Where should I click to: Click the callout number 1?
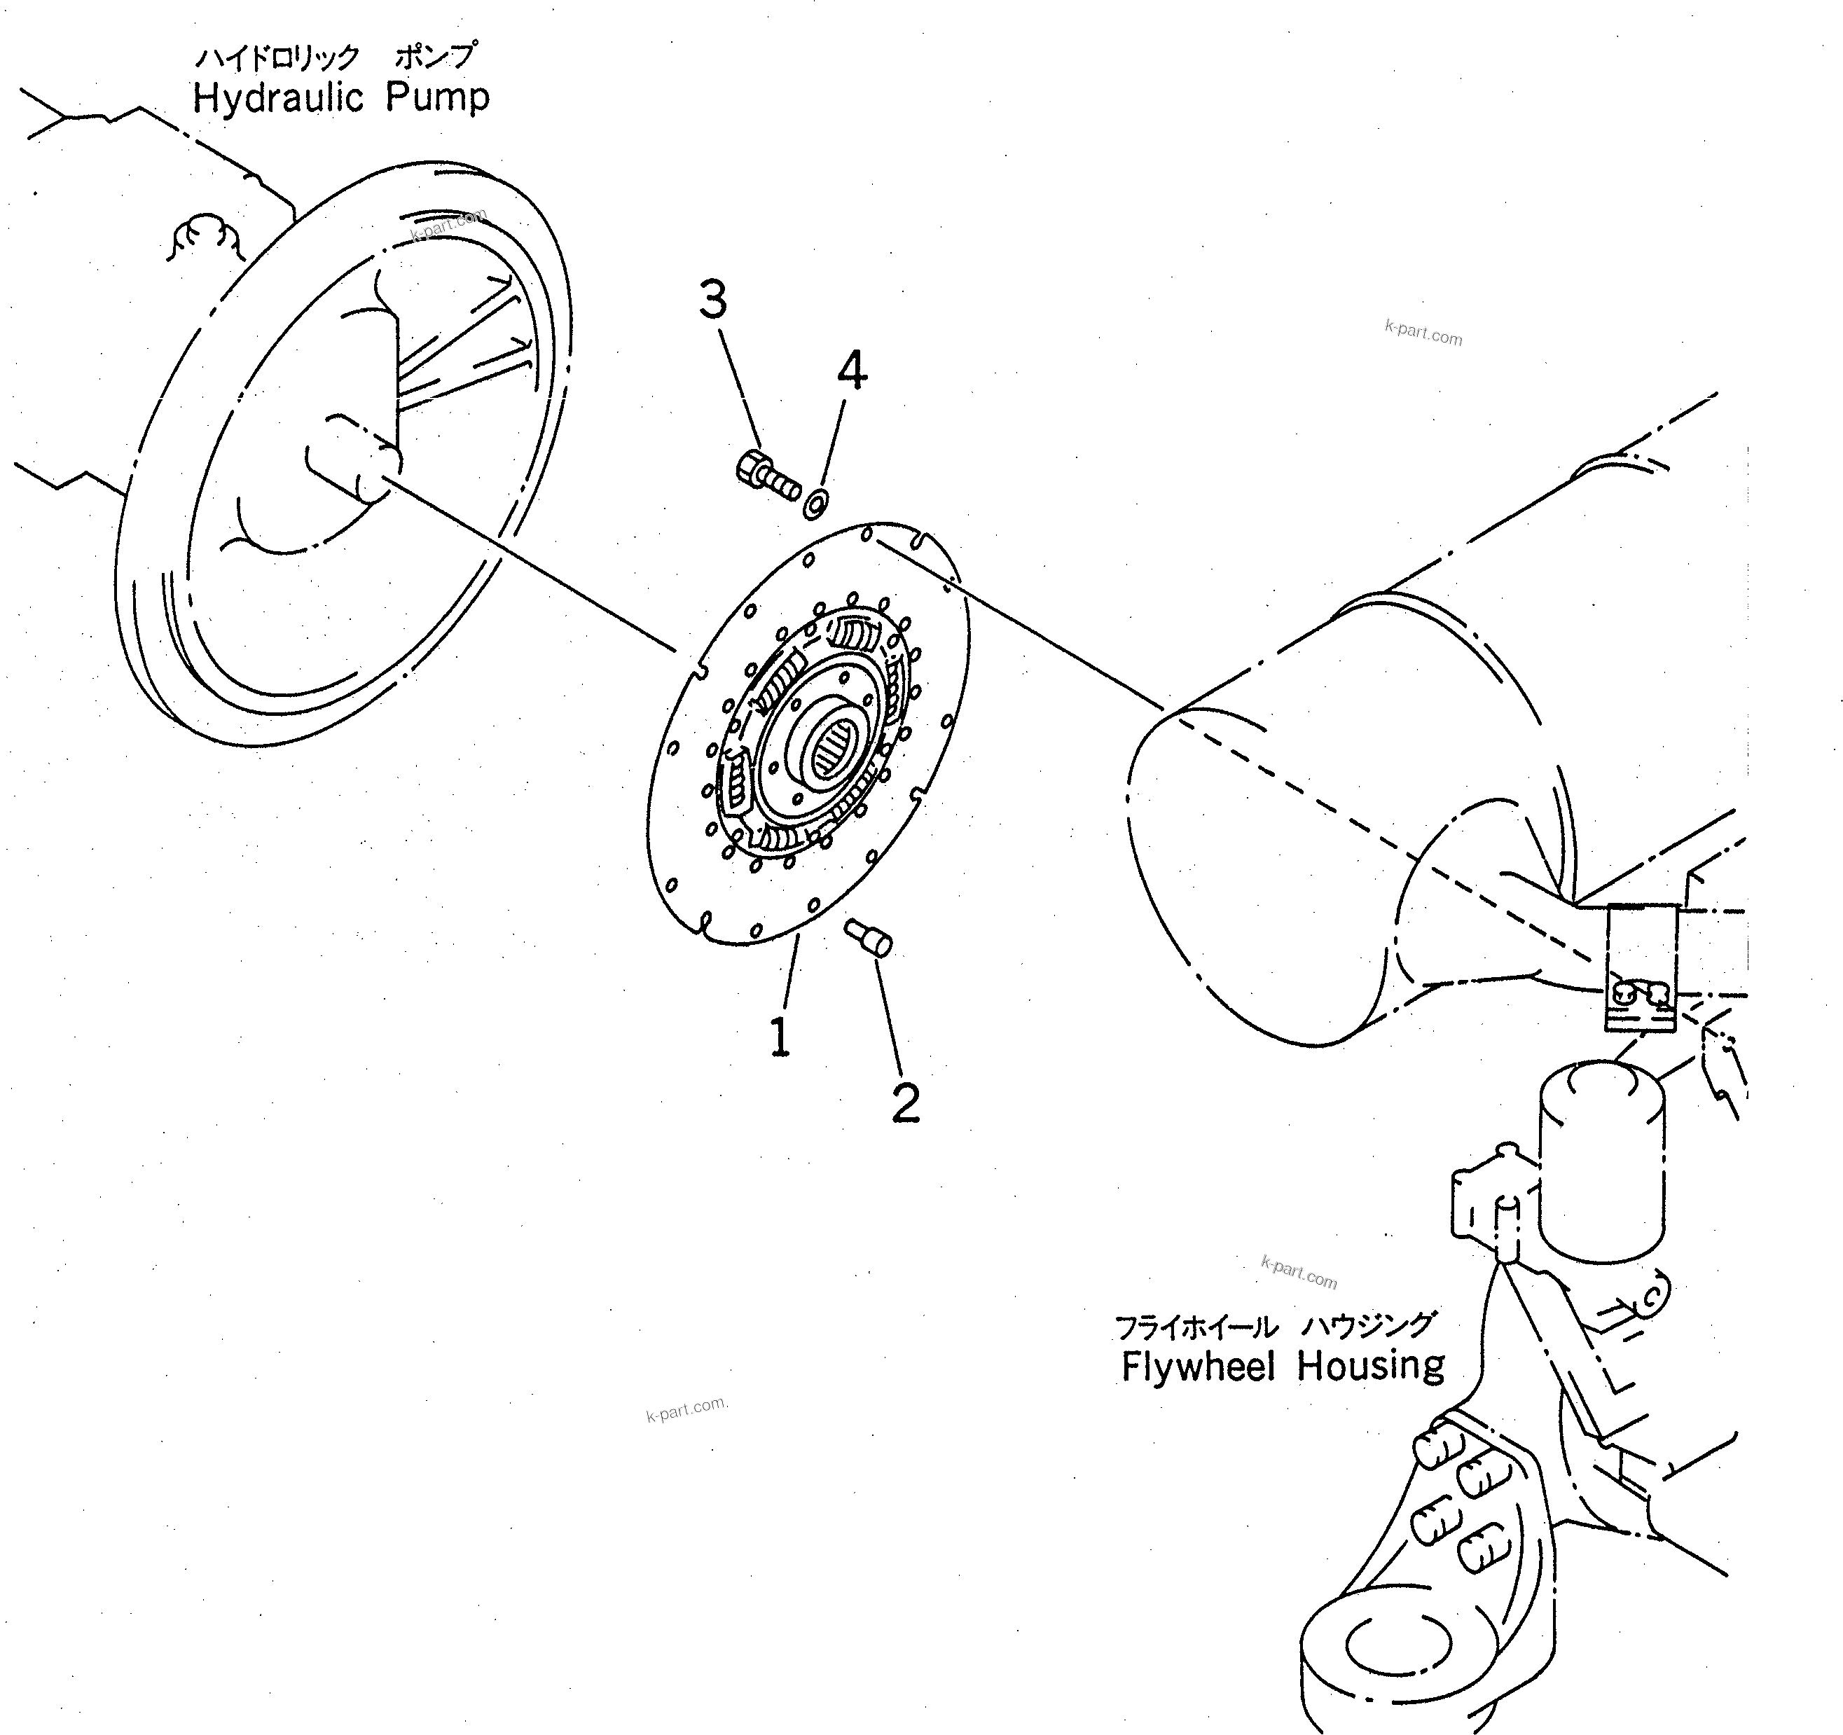(x=780, y=1036)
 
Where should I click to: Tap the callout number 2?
(x=906, y=1102)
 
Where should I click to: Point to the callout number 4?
(x=852, y=371)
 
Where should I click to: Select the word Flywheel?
(x=1198, y=1366)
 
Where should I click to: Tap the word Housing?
(x=1370, y=1366)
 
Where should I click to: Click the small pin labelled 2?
(x=869, y=937)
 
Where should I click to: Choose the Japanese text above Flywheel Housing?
(x=1275, y=1326)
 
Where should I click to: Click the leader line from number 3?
(x=739, y=389)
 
